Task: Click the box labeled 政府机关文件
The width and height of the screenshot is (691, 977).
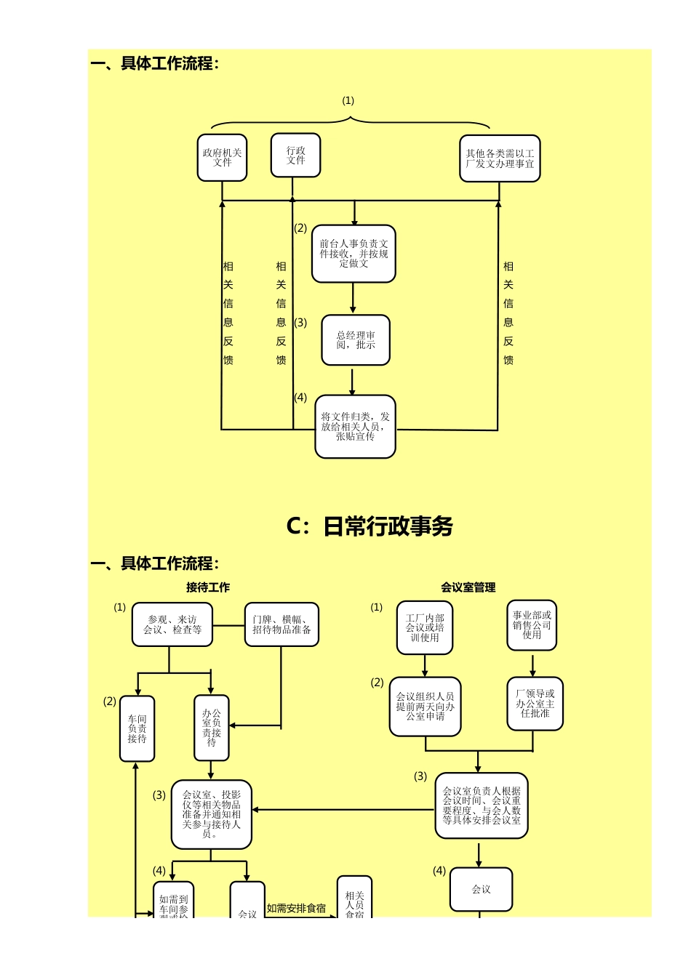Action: click(x=222, y=158)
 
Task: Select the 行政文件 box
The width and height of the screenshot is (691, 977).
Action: click(x=295, y=155)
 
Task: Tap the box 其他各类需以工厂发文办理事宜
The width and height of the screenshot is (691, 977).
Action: click(x=500, y=158)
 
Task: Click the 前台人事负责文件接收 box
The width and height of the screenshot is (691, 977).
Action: click(x=354, y=254)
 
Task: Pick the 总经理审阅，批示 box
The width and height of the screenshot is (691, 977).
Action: click(x=356, y=340)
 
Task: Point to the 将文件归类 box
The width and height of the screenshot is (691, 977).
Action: click(x=355, y=427)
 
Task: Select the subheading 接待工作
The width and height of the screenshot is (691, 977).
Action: click(x=208, y=587)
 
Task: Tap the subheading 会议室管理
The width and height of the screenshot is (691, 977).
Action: click(x=468, y=587)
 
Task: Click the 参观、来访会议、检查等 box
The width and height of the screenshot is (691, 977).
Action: click(x=172, y=624)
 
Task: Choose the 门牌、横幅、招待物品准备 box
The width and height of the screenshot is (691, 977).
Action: click(x=281, y=624)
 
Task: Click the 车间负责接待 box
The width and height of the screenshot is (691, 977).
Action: click(x=137, y=728)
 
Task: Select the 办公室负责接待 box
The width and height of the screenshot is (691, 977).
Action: click(x=211, y=728)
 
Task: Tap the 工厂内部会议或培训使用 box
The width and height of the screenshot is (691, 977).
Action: click(x=425, y=627)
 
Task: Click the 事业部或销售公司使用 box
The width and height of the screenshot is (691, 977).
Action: click(x=532, y=625)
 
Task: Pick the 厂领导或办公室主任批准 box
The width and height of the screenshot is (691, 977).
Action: click(x=535, y=704)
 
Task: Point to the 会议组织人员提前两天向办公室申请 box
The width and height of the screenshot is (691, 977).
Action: click(x=425, y=707)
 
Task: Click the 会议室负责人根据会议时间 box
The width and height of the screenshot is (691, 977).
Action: click(x=482, y=805)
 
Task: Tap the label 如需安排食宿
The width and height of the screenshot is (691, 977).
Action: click(x=296, y=908)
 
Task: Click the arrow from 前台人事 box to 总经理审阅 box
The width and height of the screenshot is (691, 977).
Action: click(x=353, y=298)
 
